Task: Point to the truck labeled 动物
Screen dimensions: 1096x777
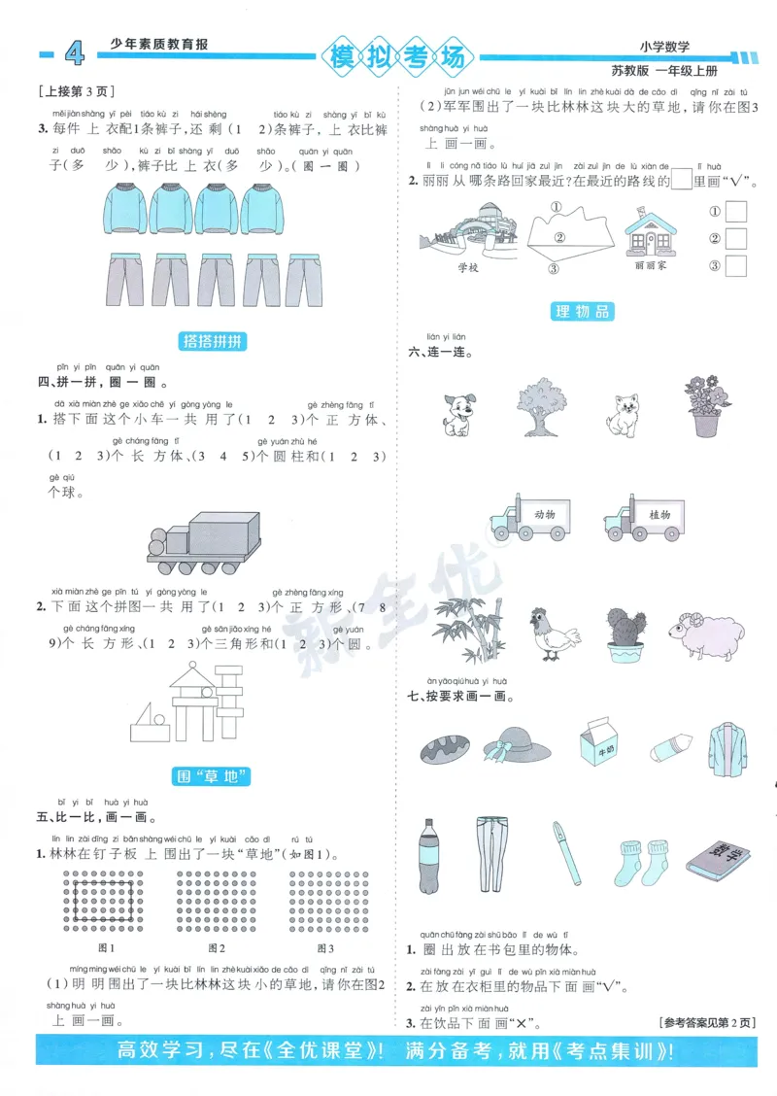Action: (529, 514)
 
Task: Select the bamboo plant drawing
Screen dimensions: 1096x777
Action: (468, 627)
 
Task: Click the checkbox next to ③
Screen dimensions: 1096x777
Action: (735, 265)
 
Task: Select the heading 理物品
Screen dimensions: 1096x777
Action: (582, 311)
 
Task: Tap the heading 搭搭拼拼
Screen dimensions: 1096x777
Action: (215, 341)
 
